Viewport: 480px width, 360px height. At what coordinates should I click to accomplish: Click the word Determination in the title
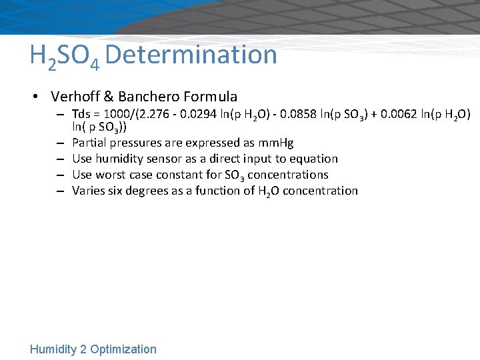(x=191, y=54)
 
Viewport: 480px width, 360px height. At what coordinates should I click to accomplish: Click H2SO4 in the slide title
(x=65, y=56)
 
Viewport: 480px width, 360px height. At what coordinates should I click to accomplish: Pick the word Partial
(x=88, y=143)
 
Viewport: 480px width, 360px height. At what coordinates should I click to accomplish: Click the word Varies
(x=87, y=191)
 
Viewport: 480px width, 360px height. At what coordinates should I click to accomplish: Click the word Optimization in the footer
(x=123, y=349)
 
